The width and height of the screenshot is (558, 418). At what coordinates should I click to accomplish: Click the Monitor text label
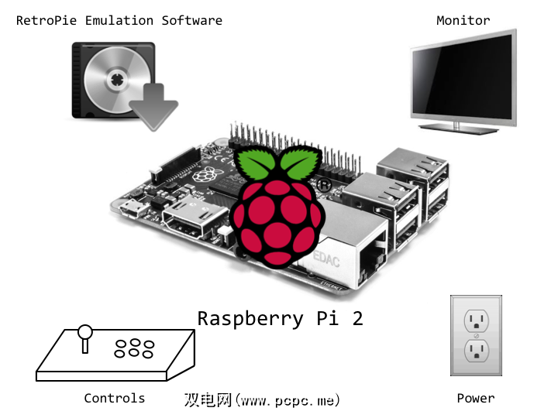[x=463, y=20]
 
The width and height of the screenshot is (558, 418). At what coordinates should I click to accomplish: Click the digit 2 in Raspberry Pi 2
[x=357, y=318]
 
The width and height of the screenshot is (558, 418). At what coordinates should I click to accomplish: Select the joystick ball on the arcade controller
[x=85, y=334]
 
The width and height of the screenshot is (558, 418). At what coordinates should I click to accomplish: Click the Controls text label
[x=115, y=398]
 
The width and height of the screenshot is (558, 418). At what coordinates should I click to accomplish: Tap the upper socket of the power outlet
[x=476, y=320]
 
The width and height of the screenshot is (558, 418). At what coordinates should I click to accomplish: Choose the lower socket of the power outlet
[x=476, y=352]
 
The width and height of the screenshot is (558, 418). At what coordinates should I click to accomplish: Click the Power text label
[x=475, y=398]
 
